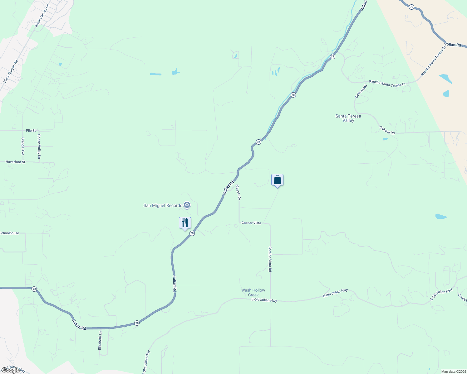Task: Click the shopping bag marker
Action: pyautogui.click(x=277, y=180)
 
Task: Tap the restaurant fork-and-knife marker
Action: pyautogui.click(x=185, y=223)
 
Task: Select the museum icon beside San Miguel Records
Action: pyautogui.click(x=187, y=205)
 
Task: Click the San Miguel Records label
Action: pyautogui.click(x=163, y=205)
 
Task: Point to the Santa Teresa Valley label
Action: pyautogui.click(x=348, y=118)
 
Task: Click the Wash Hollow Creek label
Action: pyautogui.click(x=253, y=292)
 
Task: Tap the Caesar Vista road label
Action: pyautogui.click(x=251, y=223)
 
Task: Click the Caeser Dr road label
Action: pyautogui.click(x=238, y=193)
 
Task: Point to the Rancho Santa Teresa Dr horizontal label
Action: pyautogui.click(x=387, y=83)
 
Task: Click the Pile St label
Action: pyautogui.click(x=31, y=131)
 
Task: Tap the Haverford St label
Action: pyautogui.click(x=15, y=162)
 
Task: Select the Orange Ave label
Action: pyautogui.click(x=23, y=146)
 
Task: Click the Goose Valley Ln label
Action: pyautogui.click(x=39, y=146)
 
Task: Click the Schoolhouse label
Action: pyautogui.click(x=9, y=233)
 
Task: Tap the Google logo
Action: pyautogui.click(x=10, y=370)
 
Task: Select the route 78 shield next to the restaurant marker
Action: pyautogui.click(x=192, y=233)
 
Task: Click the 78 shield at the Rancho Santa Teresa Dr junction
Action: pyautogui.click(x=332, y=57)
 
